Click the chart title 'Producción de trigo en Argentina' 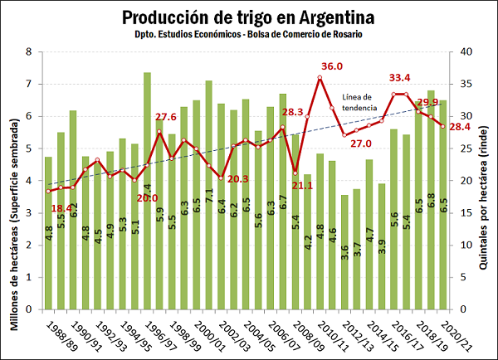[247, 17]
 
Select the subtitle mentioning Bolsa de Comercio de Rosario [247, 36]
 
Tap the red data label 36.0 [332, 66]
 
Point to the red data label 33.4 [401, 78]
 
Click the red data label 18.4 [62, 208]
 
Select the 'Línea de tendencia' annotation [358, 102]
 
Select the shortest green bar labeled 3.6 [344, 252]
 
